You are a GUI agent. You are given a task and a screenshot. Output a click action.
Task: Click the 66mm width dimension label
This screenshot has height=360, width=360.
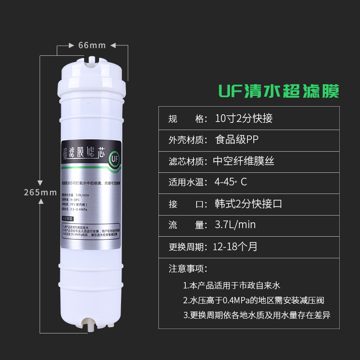coord(92,45)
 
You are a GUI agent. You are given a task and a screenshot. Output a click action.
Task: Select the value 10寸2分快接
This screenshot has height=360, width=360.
coord(244,119)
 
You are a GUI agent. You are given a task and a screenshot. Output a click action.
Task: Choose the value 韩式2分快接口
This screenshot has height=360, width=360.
coord(249,203)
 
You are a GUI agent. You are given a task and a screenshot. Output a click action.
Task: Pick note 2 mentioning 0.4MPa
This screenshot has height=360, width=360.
coord(253,300)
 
